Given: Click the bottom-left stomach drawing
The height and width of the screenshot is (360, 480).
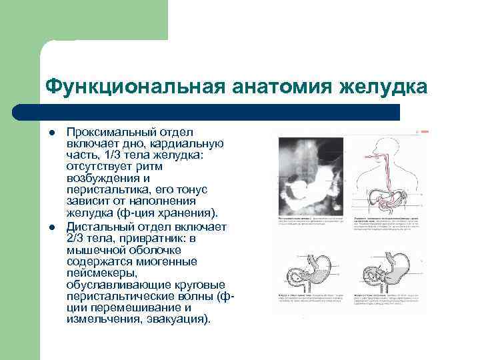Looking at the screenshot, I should [311, 273].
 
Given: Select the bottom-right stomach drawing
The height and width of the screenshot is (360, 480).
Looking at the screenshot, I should [384, 273].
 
